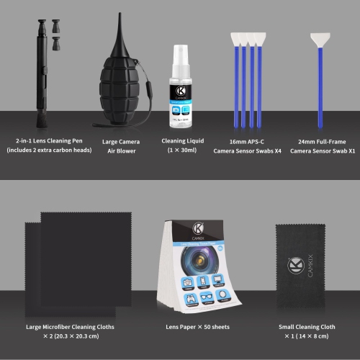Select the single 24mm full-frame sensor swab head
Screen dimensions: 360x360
[x=321, y=39]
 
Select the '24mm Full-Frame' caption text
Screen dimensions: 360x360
[x=321, y=141]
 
